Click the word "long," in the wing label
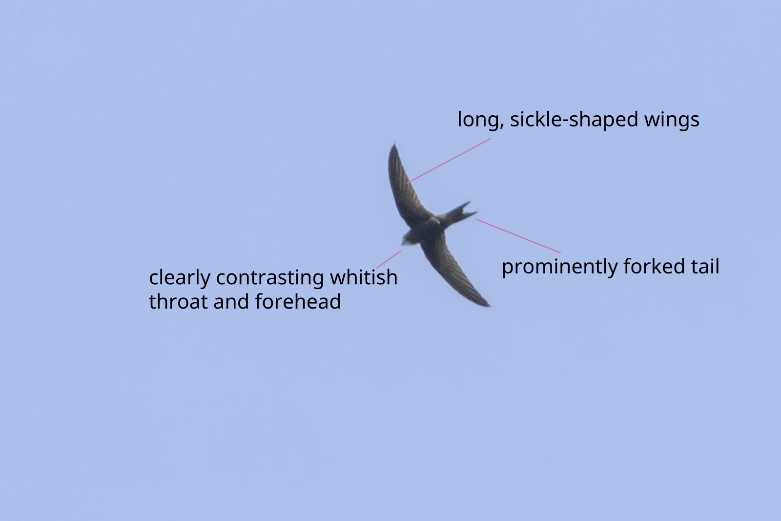(481, 120)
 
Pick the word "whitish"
(364, 277)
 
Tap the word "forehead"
(298, 301)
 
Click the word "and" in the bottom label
(231, 301)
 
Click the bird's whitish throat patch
(407, 240)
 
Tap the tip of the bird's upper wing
(394, 145)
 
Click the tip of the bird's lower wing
(489, 306)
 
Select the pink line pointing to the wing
(449, 161)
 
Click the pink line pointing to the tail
(518, 236)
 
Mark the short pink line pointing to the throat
(389, 259)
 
